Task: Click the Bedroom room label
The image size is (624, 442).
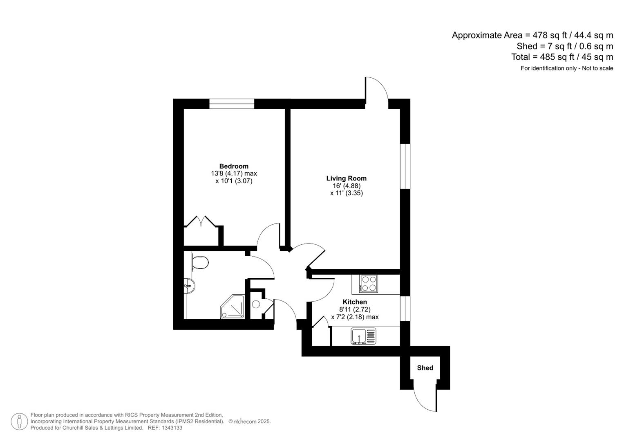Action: click(234, 166)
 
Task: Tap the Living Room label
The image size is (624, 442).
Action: click(346, 178)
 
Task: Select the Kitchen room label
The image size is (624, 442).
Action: click(354, 302)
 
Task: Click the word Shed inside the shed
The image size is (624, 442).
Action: click(425, 368)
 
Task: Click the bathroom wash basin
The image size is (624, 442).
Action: click(190, 285)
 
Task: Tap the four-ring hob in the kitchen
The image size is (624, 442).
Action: click(369, 284)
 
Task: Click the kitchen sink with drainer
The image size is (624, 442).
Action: click(363, 336)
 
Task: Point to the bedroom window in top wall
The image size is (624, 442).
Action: click(232, 104)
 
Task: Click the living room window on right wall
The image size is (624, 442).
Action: click(405, 166)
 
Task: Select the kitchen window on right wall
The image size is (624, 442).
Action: click(405, 308)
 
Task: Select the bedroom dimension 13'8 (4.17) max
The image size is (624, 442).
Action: click(234, 174)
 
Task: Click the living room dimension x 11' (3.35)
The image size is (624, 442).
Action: click(346, 193)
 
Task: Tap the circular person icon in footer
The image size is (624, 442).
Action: click(19, 422)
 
